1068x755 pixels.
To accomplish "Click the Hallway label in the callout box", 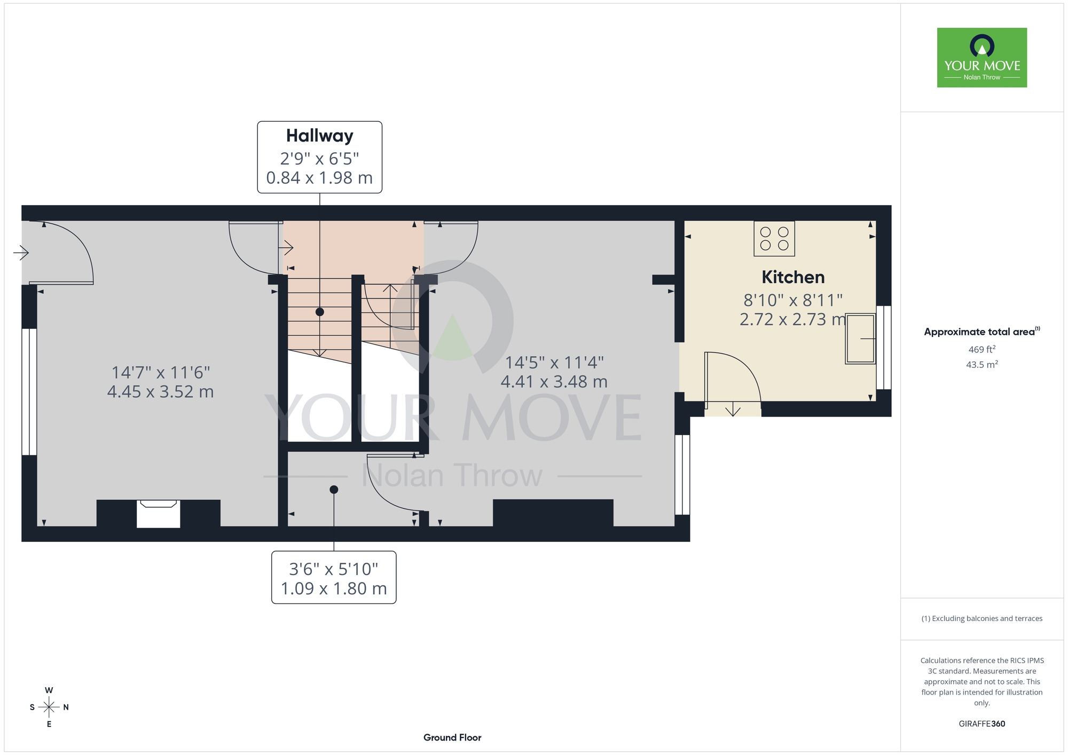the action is (x=319, y=136).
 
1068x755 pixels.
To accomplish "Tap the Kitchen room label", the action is (x=793, y=277).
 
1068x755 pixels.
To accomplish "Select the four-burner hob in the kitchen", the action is (x=774, y=239).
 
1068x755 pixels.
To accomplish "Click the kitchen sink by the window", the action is (x=860, y=339).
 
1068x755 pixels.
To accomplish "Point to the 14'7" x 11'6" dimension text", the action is (x=160, y=372).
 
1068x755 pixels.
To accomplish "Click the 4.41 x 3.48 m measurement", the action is (x=554, y=382).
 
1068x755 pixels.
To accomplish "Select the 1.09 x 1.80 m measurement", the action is (x=334, y=588).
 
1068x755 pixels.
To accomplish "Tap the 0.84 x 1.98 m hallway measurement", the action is (x=319, y=178).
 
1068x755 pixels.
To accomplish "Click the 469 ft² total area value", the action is (x=981, y=349).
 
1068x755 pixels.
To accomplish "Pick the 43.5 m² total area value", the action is (x=981, y=365).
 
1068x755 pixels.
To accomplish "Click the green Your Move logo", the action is (x=982, y=58).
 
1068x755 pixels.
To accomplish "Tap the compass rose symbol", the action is (x=49, y=707).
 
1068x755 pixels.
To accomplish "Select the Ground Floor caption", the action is (x=452, y=737).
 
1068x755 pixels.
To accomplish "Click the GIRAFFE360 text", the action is (x=981, y=724).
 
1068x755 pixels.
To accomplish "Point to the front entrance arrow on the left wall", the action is (x=21, y=252).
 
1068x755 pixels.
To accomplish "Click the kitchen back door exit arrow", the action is (x=733, y=409).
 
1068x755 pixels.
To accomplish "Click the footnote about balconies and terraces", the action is (x=981, y=618).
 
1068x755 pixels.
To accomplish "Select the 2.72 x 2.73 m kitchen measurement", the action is (x=793, y=319).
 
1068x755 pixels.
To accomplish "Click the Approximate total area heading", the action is (x=981, y=332).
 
